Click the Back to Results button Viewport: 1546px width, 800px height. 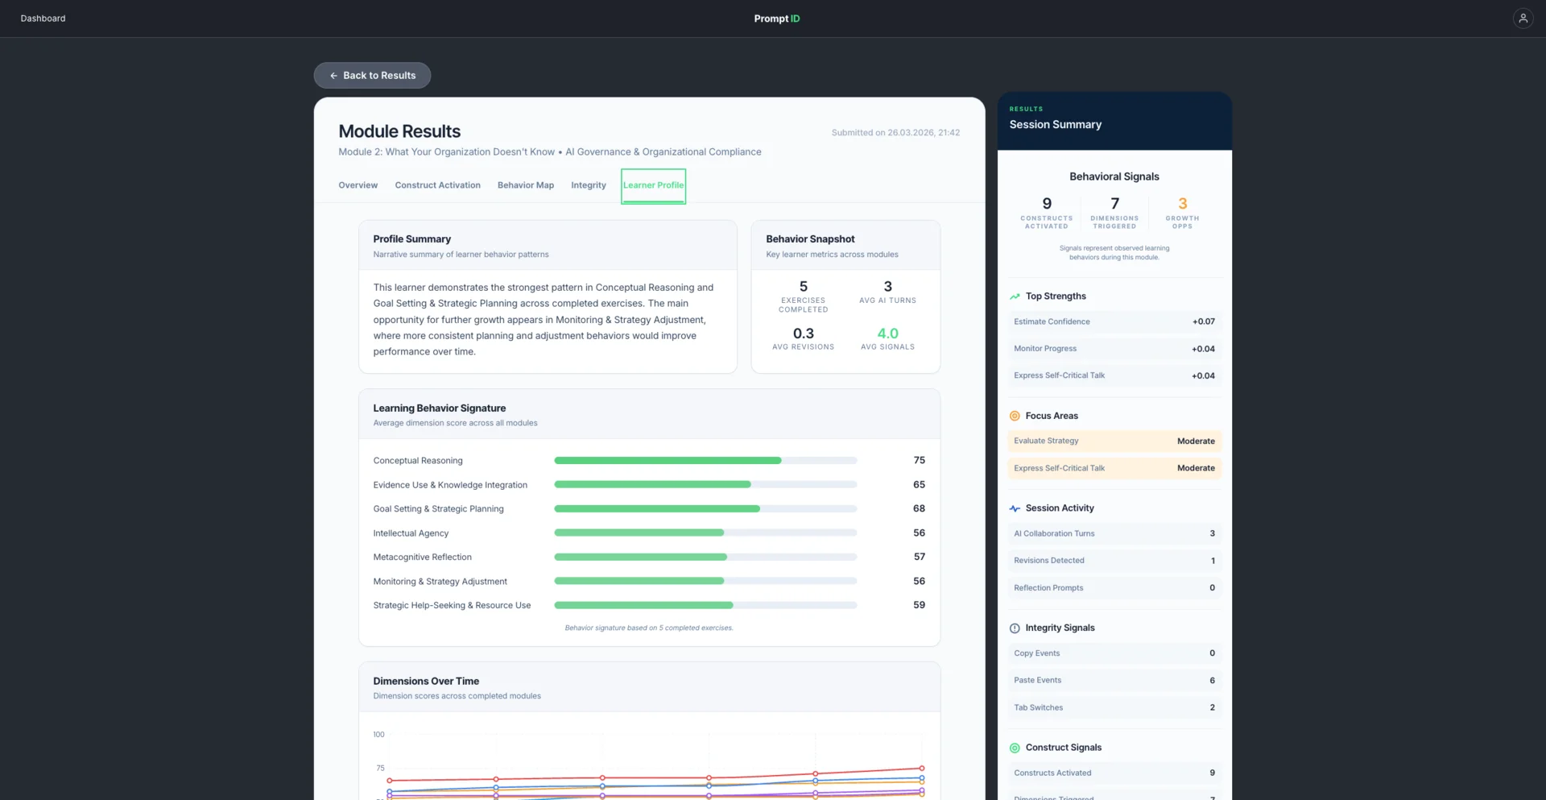click(x=372, y=75)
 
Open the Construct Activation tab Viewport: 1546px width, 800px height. click(x=437, y=185)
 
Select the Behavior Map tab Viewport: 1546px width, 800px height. click(x=526, y=185)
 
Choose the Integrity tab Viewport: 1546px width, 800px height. click(x=589, y=185)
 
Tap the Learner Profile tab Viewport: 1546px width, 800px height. click(x=653, y=185)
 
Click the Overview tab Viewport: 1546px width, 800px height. click(x=358, y=185)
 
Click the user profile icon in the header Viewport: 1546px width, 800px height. click(x=1523, y=18)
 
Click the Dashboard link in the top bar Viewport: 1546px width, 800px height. click(x=43, y=18)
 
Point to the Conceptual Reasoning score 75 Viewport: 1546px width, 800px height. click(x=920, y=460)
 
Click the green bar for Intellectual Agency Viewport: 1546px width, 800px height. click(x=639, y=533)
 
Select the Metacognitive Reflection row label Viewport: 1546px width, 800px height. click(x=423, y=557)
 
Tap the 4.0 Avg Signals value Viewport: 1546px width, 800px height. click(x=887, y=334)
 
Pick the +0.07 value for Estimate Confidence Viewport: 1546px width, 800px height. click(x=1203, y=321)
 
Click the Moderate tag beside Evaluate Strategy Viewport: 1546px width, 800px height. click(x=1196, y=441)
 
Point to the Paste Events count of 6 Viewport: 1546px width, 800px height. click(x=1212, y=680)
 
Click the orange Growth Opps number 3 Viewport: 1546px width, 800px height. click(x=1182, y=204)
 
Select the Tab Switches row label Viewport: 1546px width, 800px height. click(x=1039, y=707)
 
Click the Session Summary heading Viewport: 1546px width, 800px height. click(x=1056, y=124)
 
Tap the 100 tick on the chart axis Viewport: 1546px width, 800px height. click(x=378, y=734)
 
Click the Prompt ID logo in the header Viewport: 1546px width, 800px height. click(x=777, y=19)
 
